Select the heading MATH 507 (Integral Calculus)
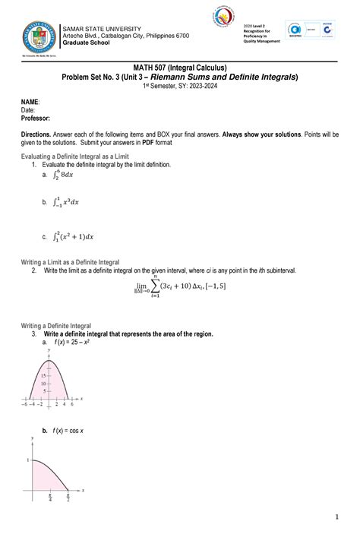[180, 68]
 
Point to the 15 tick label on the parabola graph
[44, 376]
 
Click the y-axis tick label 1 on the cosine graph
[27, 460]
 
